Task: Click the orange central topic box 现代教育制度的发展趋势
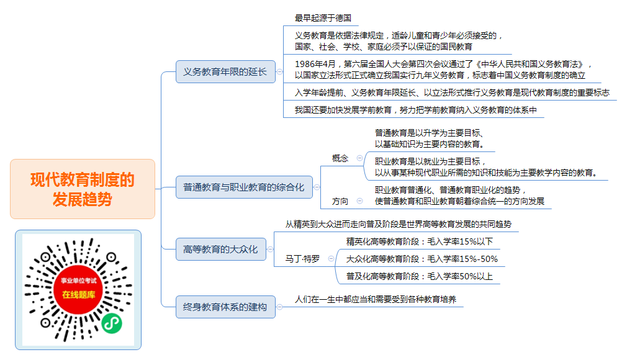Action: coord(83,189)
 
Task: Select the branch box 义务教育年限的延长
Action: coord(225,71)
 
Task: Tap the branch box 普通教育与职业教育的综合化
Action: coord(245,187)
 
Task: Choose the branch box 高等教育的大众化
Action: coord(221,249)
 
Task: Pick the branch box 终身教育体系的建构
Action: coord(225,307)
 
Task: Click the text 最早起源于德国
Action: coord(323,18)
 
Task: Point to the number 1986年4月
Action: coord(315,64)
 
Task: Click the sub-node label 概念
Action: coord(340,158)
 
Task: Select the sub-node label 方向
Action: coord(340,201)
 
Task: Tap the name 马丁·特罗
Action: coord(303,259)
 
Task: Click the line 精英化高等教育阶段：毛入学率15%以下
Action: coord(420,241)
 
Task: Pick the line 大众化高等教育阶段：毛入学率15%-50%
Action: coord(422,259)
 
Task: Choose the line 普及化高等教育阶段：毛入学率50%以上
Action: coord(420,276)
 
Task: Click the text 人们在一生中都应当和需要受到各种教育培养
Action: coord(376,299)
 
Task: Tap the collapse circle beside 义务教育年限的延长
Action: coord(280,71)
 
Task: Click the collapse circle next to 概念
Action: coord(360,158)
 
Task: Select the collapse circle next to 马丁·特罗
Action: coord(331,259)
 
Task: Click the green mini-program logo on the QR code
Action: coord(112,323)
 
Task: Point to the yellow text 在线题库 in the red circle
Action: coord(79,295)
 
